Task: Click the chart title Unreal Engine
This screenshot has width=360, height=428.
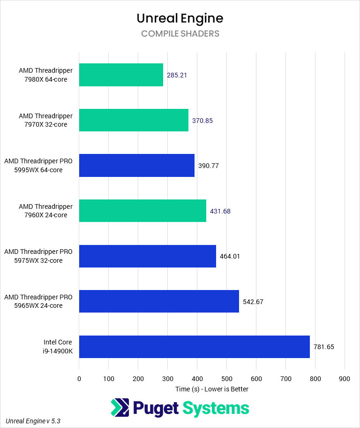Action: pyautogui.click(x=180, y=18)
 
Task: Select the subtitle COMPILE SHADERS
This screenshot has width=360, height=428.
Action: pyautogui.click(x=180, y=34)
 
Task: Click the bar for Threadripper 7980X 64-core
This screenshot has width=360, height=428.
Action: pyautogui.click(x=121, y=75)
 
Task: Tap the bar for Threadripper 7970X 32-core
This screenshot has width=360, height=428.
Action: pyautogui.click(x=134, y=120)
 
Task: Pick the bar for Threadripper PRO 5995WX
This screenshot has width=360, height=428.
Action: pyautogui.click(x=136, y=166)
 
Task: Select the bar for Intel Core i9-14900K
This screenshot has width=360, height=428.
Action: pyautogui.click(x=194, y=347)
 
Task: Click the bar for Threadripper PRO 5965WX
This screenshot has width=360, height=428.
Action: pyautogui.click(x=159, y=301)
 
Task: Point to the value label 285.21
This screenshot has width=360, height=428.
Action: pyautogui.click(x=177, y=75)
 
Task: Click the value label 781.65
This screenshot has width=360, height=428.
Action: pyautogui.click(x=323, y=347)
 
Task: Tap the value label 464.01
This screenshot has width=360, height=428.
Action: pyautogui.click(x=230, y=256)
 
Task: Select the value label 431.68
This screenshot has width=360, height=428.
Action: pyautogui.click(x=220, y=211)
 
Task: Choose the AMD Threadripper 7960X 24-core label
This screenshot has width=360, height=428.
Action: pyautogui.click(x=45, y=211)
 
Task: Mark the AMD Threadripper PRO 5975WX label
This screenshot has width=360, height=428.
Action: pyautogui.click(x=38, y=256)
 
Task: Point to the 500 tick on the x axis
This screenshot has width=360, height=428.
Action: pyautogui.click(x=226, y=379)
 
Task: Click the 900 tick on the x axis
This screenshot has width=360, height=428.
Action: pyautogui.click(x=345, y=379)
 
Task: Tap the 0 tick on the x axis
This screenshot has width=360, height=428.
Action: pyautogui.click(x=79, y=379)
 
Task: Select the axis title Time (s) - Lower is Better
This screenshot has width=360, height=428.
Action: pyautogui.click(x=212, y=389)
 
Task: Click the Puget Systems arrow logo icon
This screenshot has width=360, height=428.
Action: pyautogui.click(x=120, y=407)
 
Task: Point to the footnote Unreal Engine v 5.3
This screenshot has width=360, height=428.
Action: pyautogui.click(x=33, y=421)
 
